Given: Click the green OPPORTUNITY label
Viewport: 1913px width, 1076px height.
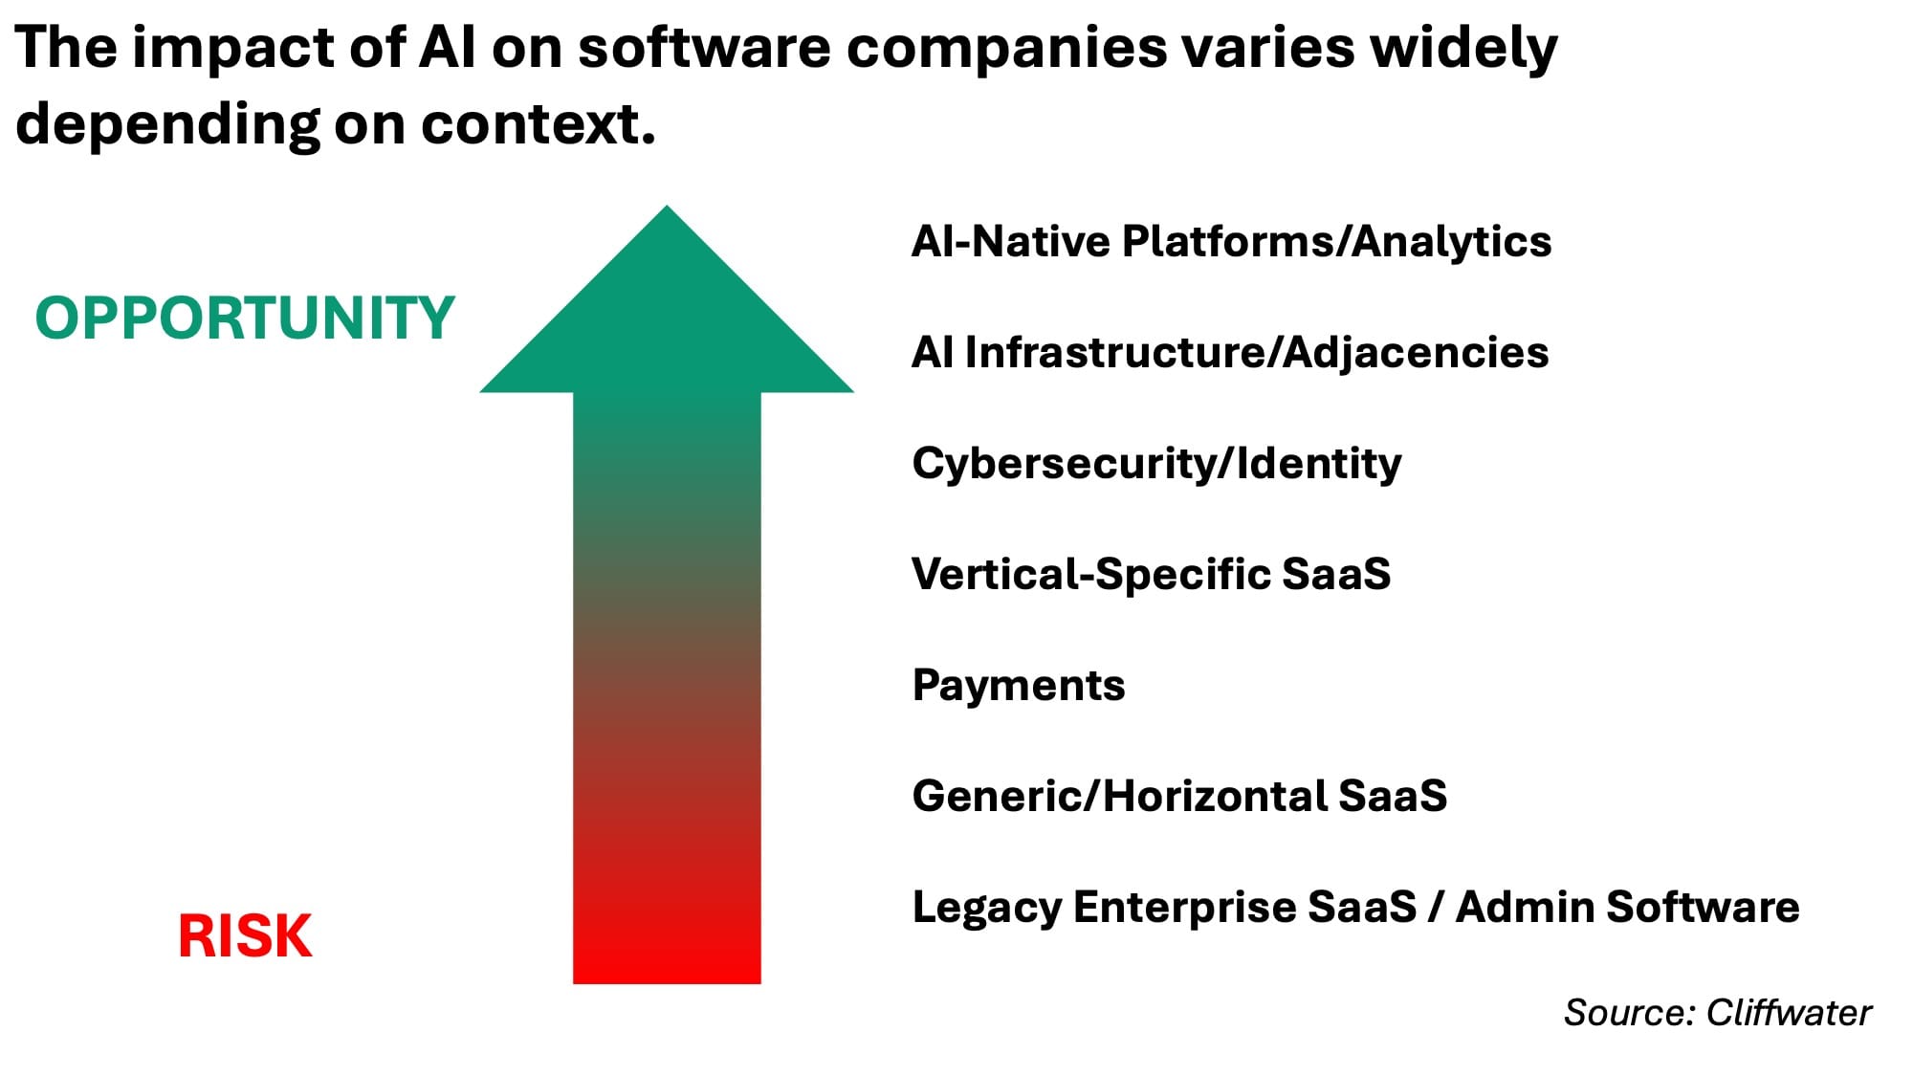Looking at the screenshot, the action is click(x=245, y=318).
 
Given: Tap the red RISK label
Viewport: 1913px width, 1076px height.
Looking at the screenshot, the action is click(x=245, y=935).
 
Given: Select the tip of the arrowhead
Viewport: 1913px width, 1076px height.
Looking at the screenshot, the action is click(x=667, y=206).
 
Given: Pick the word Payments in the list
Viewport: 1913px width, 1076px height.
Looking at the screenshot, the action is click(x=1019, y=685).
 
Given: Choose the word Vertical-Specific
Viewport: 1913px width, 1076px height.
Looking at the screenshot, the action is click(x=1089, y=575).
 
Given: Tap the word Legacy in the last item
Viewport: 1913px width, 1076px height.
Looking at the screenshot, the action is click(x=986, y=908).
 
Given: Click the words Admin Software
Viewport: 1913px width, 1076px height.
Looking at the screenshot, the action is click(x=1627, y=907).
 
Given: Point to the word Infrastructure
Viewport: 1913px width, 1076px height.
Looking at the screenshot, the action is click(x=1115, y=352).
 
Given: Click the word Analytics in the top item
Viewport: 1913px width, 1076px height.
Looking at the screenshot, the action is click(x=1452, y=242).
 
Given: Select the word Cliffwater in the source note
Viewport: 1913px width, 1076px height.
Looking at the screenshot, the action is click(x=1789, y=1013).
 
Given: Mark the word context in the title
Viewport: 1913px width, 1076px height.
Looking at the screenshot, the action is click(x=539, y=124).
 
